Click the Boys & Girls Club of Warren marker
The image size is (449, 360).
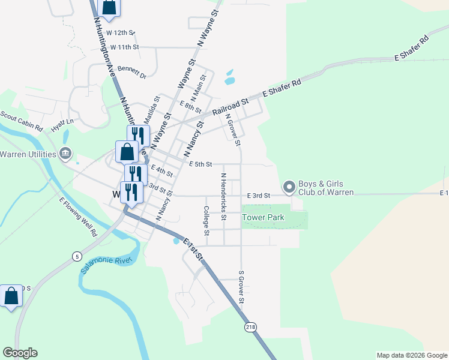point(289,188)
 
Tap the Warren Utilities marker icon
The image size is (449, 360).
point(66,154)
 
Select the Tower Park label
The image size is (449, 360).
point(263,217)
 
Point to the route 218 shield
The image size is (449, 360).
point(250,327)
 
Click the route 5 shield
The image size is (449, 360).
point(76,257)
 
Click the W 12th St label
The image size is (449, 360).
point(121,32)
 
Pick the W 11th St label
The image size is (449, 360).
point(124,46)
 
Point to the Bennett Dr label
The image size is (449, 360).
point(131,72)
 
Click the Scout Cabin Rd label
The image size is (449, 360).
point(21,121)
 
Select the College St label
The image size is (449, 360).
point(206,221)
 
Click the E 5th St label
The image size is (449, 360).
point(200,164)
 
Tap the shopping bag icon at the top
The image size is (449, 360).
point(109,7)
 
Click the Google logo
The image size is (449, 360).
point(20,353)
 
